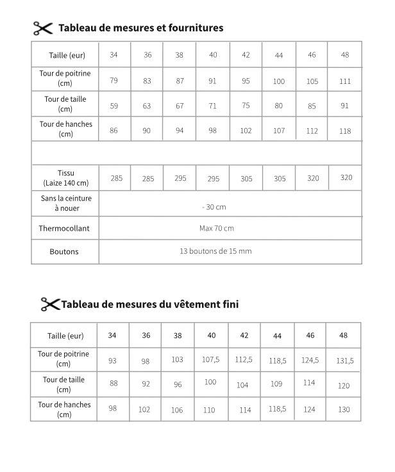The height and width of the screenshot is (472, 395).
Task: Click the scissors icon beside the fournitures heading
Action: [42, 28]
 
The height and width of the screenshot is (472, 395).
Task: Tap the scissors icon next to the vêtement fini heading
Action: [50, 304]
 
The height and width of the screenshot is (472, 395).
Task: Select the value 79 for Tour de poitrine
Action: [113, 80]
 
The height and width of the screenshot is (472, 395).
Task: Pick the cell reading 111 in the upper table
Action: [345, 81]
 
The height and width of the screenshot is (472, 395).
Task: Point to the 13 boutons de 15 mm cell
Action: [215, 251]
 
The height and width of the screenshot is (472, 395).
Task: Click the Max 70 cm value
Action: [217, 228]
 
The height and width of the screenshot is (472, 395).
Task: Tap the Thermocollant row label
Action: [64, 229]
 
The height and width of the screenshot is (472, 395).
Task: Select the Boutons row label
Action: [64, 252]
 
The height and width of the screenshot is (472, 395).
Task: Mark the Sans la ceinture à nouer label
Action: [66, 203]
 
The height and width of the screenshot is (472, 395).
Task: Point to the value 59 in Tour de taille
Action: [114, 106]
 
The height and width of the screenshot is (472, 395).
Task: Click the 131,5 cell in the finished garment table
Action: [344, 361]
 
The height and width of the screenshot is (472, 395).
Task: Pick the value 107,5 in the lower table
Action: [210, 360]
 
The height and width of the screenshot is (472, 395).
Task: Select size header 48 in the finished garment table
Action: [344, 336]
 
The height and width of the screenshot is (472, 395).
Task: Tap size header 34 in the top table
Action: [113, 55]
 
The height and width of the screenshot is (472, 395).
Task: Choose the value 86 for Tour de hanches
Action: [114, 130]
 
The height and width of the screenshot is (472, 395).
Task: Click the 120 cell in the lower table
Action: [344, 386]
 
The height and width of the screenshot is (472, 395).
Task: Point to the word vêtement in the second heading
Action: [197, 304]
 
